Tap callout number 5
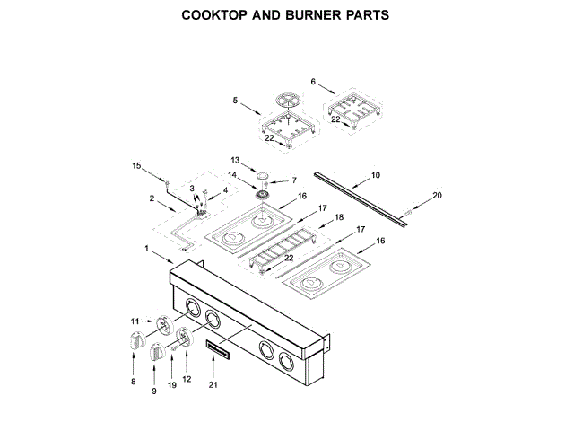point(234,101)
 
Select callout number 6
point(313,82)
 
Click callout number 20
point(437,195)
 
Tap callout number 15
point(137,166)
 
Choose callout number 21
point(213,384)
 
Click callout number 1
point(147,247)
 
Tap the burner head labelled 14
point(264,195)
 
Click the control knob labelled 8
point(136,341)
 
